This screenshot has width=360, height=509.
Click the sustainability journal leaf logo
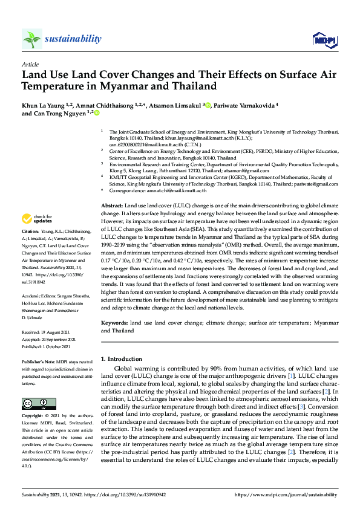pos(31,39)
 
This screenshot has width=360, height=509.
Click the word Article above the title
pos(30,63)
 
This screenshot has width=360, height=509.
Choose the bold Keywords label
pos(114,323)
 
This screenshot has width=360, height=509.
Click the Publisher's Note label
pos(39,361)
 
